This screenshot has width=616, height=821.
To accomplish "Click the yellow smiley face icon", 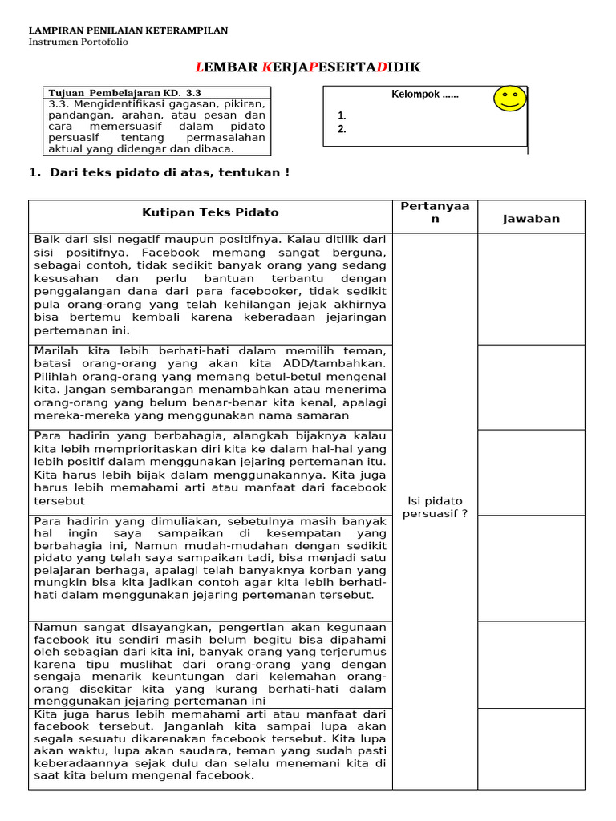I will click(x=509, y=98).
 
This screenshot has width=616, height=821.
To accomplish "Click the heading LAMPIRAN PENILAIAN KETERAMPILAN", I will click(x=128, y=30).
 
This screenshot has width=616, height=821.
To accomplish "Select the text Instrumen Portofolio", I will click(x=78, y=42).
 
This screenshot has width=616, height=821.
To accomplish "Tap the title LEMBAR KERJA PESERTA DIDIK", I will click(x=308, y=67).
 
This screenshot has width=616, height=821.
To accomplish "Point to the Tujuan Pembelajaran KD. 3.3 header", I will click(x=124, y=93).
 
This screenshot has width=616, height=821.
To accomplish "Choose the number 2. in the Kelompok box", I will click(x=342, y=129).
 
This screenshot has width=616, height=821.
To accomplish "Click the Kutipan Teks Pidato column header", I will click(x=210, y=212).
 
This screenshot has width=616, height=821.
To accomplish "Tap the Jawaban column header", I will click(x=531, y=219).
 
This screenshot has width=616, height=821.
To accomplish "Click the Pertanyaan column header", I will click(x=435, y=212).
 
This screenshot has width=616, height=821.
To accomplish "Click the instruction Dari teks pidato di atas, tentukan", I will click(x=166, y=172).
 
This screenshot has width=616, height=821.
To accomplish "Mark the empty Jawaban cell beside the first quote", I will click(x=531, y=289).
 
